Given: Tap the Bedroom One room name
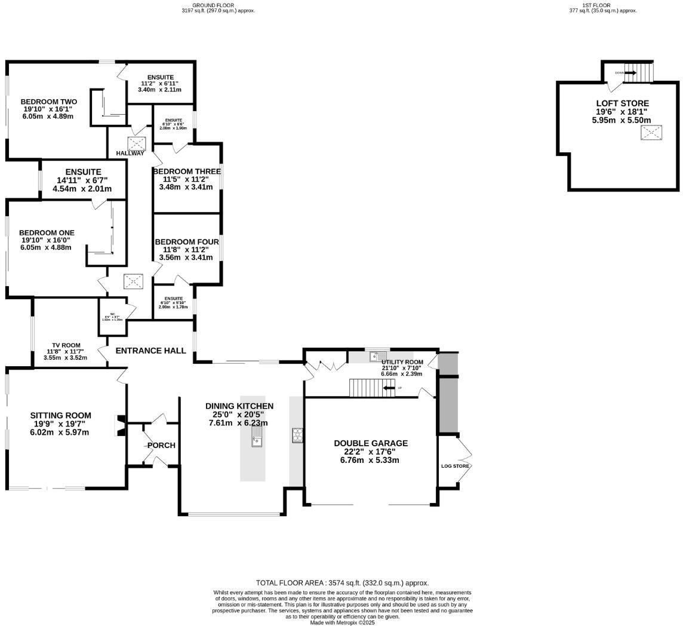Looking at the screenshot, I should [x=47, y=233].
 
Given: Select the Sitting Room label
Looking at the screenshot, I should [x=61, y=415].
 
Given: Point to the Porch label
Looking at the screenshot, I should [x=161, y=445].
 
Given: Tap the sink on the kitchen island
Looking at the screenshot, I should [x=256, y=440].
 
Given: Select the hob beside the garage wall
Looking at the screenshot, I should [x=297, y=435].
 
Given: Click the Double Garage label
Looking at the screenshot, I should [x=370, y=443].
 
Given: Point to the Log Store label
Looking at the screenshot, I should [x=456, y=466].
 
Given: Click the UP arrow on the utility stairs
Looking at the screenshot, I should [x=389, y=388].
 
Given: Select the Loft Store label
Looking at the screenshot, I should [x=622, y=103].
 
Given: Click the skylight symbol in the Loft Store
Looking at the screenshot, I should [x=651, y=133].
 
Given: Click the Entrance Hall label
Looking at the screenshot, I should [x=150, y=351].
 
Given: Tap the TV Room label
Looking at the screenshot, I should [x=66, y=345].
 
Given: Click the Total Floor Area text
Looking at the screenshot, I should [x=342, y=583].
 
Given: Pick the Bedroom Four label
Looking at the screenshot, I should [x=187, y=242].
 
